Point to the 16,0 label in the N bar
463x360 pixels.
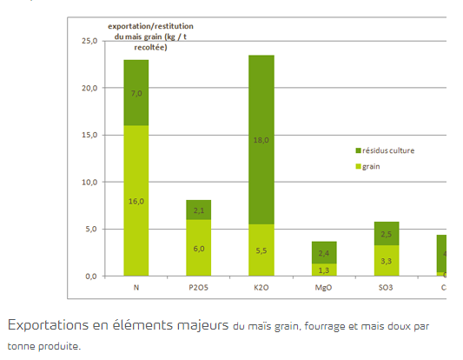[136, 200]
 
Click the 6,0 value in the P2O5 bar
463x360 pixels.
[199, 248]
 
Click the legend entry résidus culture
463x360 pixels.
[387, 150]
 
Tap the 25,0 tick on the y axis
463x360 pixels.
[89, 41]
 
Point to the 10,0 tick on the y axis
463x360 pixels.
[89, 182]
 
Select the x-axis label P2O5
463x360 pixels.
[199, 287]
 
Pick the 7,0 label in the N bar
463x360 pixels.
[136, 92]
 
